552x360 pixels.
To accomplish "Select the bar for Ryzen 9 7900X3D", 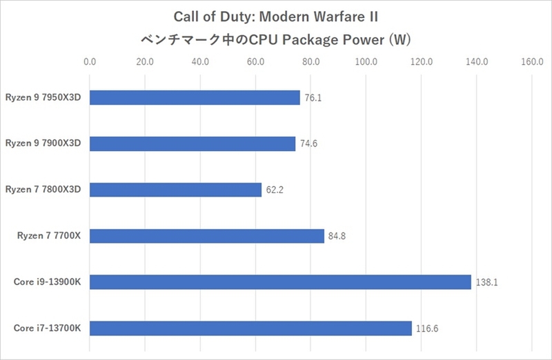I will pos(193,143).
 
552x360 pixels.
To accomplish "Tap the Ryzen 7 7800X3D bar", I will pos(175,190).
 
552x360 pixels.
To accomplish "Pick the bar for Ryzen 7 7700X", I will pos(206,236).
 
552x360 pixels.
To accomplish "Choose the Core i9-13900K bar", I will pos(280,282).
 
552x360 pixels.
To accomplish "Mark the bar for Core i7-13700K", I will pos(250,328).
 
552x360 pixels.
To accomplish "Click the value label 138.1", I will pos(484,283).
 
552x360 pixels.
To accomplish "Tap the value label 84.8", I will pos(337,237).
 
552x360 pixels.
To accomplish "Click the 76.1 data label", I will pos(313,98).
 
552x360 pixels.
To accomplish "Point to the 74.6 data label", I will pos(308,144).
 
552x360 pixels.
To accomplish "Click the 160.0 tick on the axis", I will pos(532,62).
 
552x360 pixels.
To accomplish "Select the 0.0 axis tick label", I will pos(90,62).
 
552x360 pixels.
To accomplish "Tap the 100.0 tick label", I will pos(366,62).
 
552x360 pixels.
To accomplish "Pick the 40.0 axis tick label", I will pos(200,62).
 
